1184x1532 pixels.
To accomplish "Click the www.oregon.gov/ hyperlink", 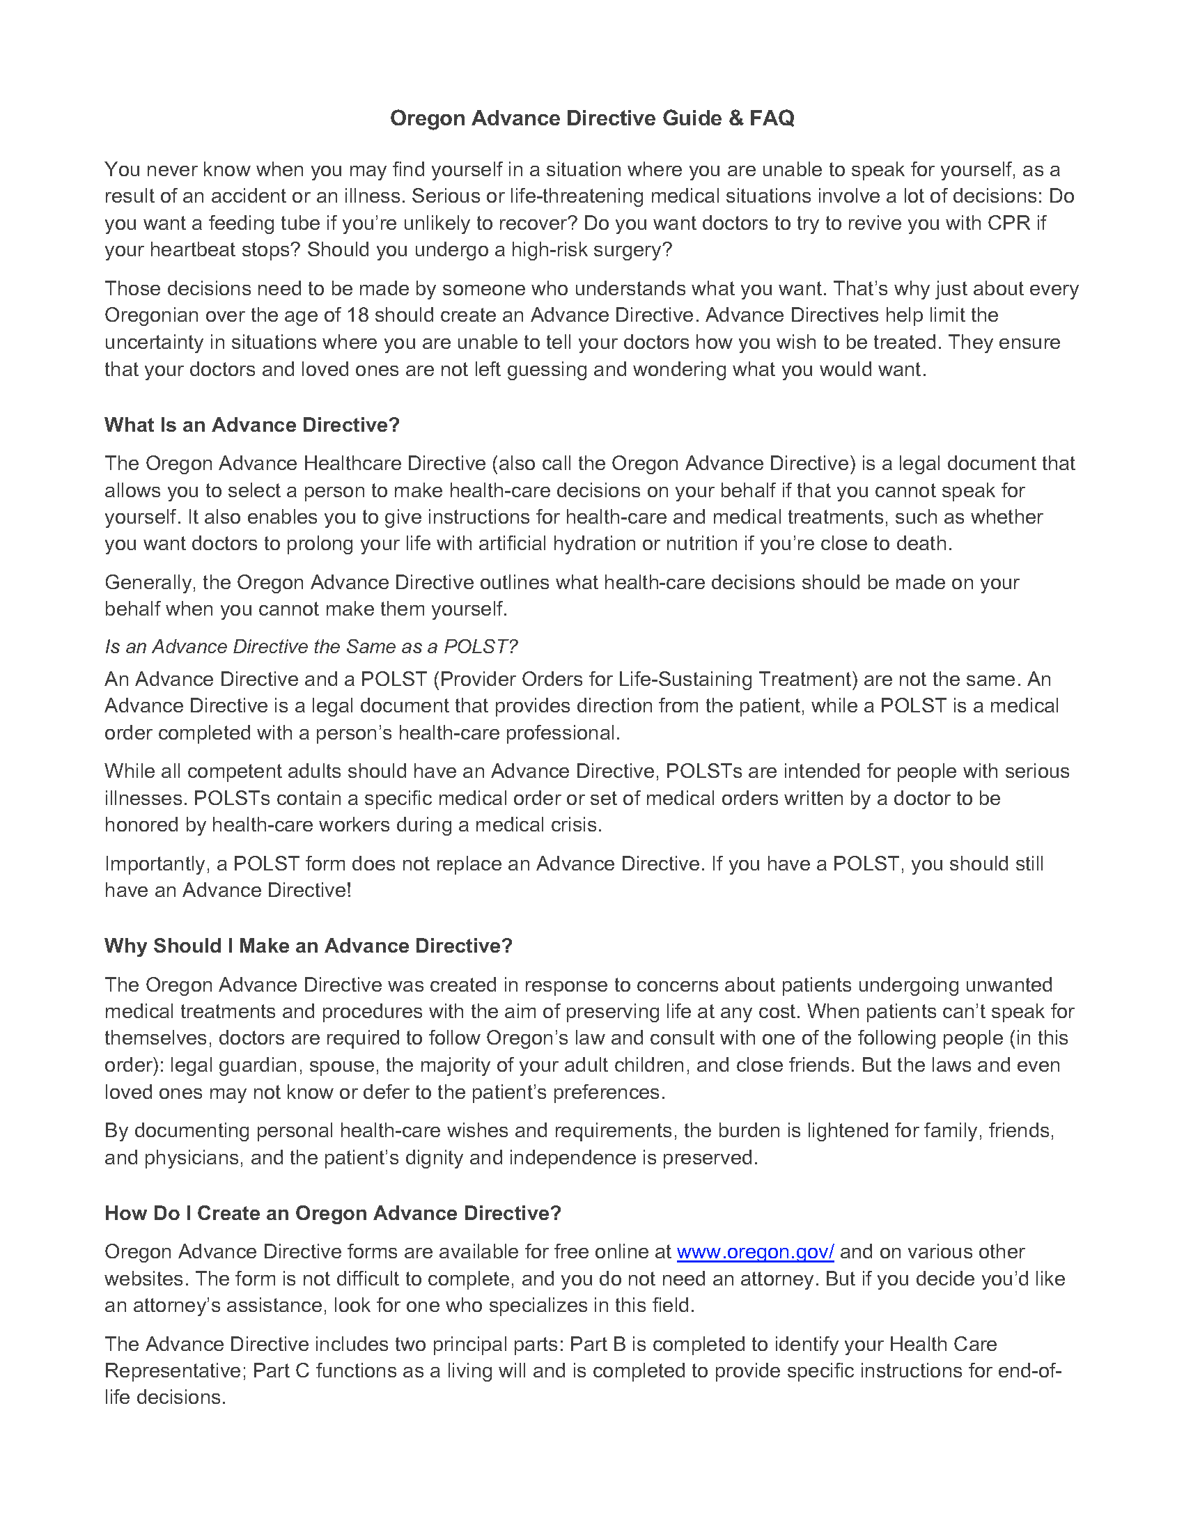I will click(x=755, y=1252).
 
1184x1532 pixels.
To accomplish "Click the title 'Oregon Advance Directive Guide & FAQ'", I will click(x=592, y=118).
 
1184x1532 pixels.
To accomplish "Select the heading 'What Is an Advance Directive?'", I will click(x=252, y=425).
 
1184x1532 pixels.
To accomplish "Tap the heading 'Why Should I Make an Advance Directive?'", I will click(x=309, y=946).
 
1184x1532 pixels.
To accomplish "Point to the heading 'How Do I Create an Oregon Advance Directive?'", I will click(x=332, y=1214).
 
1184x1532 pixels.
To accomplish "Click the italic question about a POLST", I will click(x=311, y=646).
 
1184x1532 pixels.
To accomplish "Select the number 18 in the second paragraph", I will click(x=358, y=315).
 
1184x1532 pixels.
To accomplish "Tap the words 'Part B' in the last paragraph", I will click(x=597, y=1344).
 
